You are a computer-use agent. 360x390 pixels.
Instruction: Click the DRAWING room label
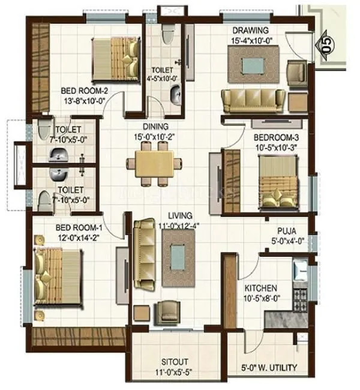(x=250, y=31)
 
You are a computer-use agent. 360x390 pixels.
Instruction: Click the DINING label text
(x=154, y=127)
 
